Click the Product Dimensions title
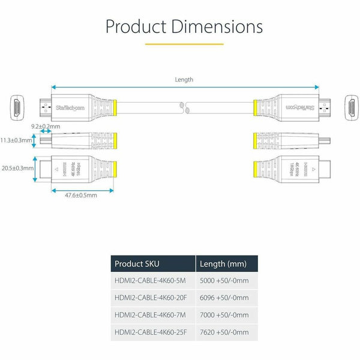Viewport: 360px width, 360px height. [184, 26]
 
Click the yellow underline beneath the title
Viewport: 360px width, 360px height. [184, 44]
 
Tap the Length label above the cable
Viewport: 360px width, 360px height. [184, 80]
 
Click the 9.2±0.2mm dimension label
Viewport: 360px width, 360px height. [46, 127]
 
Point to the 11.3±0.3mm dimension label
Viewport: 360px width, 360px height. [16, 141]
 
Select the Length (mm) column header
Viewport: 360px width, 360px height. [223, 264]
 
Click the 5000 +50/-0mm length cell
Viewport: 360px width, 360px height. [223, 281]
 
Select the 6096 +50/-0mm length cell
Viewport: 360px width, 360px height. [223, 298]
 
